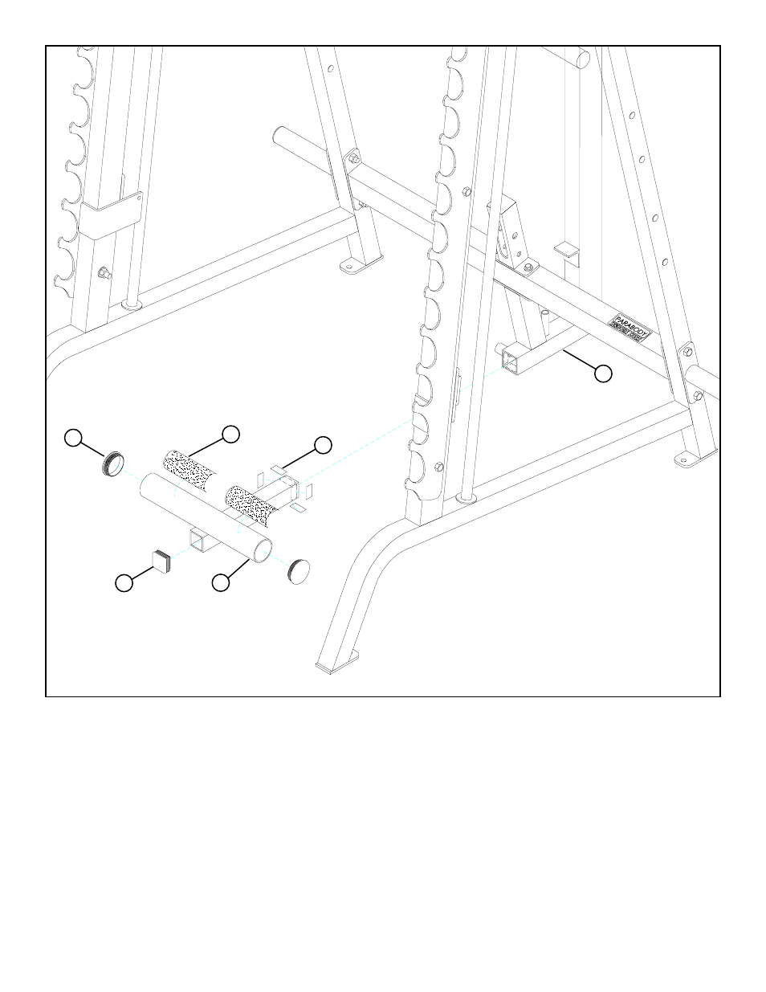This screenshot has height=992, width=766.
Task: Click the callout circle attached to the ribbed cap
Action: [73, 438]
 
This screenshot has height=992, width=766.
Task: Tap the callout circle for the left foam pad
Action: [230, 433]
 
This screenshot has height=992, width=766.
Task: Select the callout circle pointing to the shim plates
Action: [322, 444]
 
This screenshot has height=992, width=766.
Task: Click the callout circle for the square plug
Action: [123, 584]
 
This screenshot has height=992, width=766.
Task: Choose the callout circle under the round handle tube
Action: [221, 583]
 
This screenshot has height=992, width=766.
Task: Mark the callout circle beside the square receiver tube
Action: [603, 373]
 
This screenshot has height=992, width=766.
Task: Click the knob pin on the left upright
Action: [103, 272]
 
